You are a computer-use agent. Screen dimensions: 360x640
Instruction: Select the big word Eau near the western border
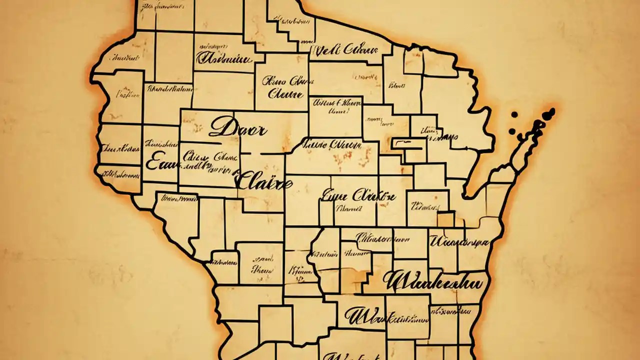[159, 163]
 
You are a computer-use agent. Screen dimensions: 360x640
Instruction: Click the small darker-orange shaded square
[446, 219]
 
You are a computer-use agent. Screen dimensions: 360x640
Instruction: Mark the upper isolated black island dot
[514, 115]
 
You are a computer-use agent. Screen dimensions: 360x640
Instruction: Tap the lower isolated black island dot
[512, 131]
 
